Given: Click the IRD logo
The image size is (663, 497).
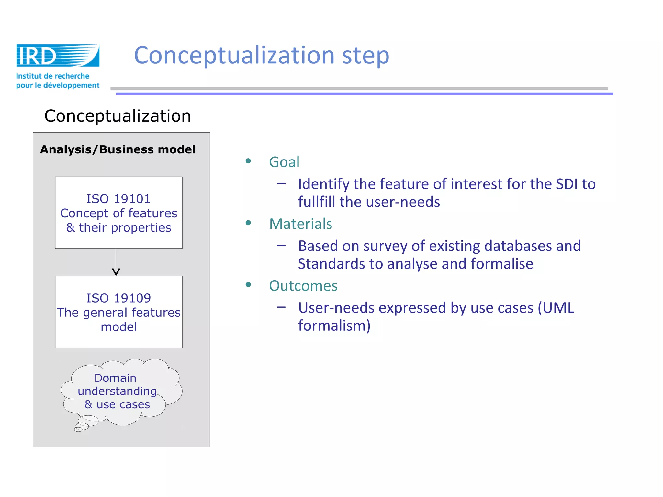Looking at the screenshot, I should [58, 56].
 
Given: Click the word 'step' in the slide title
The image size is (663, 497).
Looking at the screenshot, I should [365, 55].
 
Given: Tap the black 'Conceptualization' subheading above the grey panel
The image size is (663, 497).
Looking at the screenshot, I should [118, 116].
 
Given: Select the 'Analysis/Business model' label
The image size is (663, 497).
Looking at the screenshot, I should [118, 149].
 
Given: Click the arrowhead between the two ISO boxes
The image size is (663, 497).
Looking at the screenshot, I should [116, 272].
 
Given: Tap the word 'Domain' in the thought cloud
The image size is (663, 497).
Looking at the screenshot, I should [115, 378].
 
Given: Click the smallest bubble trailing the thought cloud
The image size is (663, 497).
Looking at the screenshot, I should [78, 429].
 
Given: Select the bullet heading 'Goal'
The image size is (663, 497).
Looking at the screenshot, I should [284, 162].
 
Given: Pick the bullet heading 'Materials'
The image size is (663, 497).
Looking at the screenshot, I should [300, 224].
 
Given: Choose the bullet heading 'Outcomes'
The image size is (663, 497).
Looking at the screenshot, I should [303, 286].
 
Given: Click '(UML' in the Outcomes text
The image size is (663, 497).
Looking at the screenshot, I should [556, 308].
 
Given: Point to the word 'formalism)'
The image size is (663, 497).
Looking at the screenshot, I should [334, 326].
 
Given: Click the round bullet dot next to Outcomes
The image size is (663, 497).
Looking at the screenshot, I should [248, 285].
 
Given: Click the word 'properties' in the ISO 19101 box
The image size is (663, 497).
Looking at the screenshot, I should [141, 228].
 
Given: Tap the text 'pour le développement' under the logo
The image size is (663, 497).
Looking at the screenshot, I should [58, 85].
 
